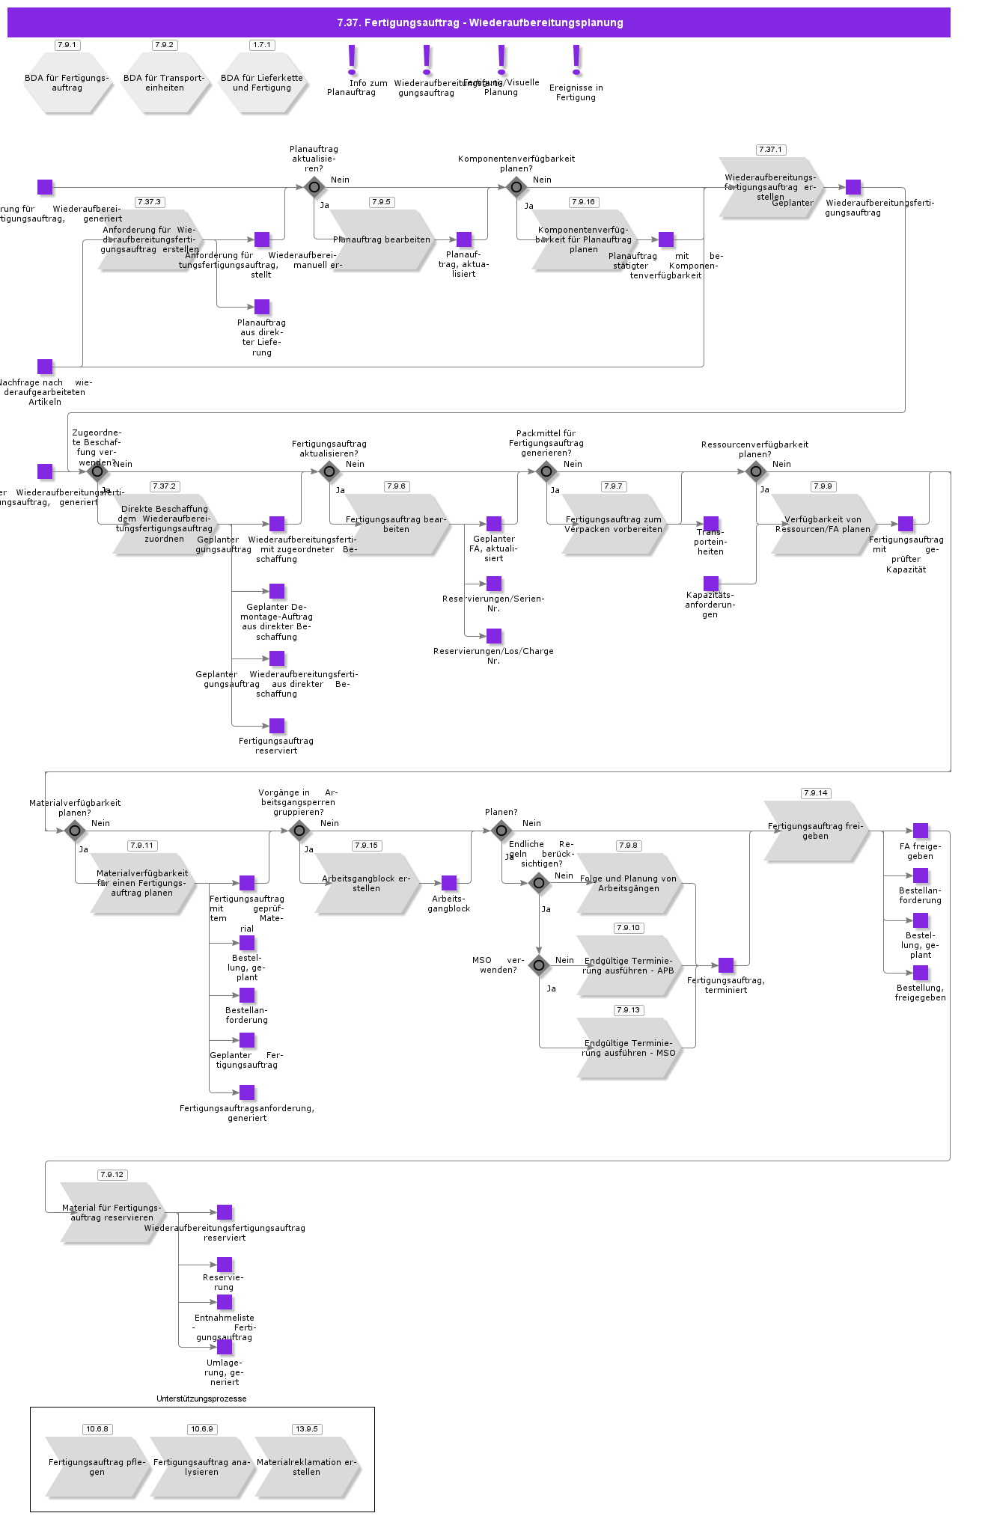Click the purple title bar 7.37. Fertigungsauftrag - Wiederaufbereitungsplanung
click(x=479, y=22)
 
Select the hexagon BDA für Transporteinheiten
click(x=165, y=83)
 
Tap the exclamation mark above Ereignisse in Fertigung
click(x=576, y=60)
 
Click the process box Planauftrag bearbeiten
click(x=382, y=239)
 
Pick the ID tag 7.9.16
click(x=583, y=202)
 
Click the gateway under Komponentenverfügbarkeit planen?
click(x=516, y=187)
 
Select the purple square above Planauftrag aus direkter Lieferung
click(x=262, y=307)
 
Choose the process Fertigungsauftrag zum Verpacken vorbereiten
click(x=613, y=524)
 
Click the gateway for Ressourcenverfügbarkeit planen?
click(x=756, y=471)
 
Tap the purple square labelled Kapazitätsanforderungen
click(x=711, y=584)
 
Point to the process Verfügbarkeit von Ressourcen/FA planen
click(x=823, y=524)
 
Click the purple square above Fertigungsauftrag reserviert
click(x=277, y=726)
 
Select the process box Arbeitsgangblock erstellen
click(x=366, y=883)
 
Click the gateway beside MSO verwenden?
click(x=539, y=965)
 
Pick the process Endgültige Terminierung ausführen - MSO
click(x=628, y=1048)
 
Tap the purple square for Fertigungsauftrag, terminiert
click(x=726, y=965)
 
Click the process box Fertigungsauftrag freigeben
click(x=815, y=831)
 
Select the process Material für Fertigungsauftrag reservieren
click(x=112, y=1212)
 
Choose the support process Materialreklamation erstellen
click(x=306, y=1467)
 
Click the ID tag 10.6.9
click(x=201, y=1429)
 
